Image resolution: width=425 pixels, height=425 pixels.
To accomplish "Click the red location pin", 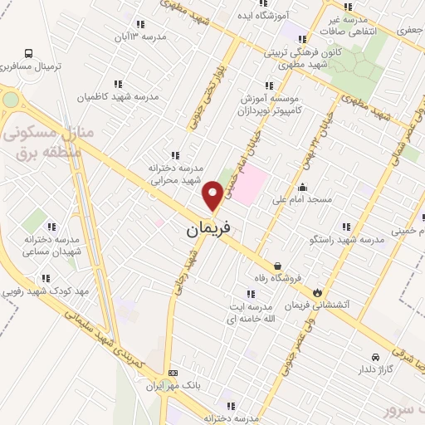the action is point(212,194).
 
